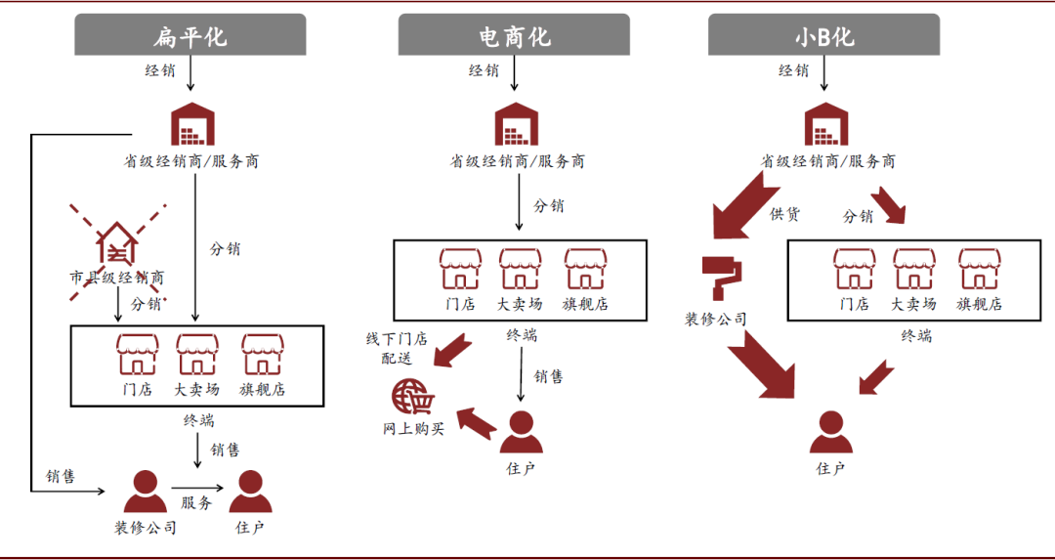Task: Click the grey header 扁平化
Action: (x=190, y=36)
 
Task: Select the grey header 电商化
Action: (x=514, y=36)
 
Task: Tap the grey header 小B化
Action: (x=823, y=36)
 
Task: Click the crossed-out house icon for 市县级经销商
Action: (x=116, y=243)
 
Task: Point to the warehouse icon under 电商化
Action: (x=516, y=123)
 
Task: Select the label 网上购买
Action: (x=412, y=428)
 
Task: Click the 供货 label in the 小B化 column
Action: (x=784, y=214)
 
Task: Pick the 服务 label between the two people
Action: (x=195, y=503)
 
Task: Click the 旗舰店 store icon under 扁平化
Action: (x=262, y=355)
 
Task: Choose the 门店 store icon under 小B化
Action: (x=854, y=270)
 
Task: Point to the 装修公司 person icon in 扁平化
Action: (x=146, y=493)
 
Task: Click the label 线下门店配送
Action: (x=397, y=348)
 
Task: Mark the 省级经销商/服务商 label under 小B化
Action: (x=827, y=161)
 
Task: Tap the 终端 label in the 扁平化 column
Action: (x=198, y=421)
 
